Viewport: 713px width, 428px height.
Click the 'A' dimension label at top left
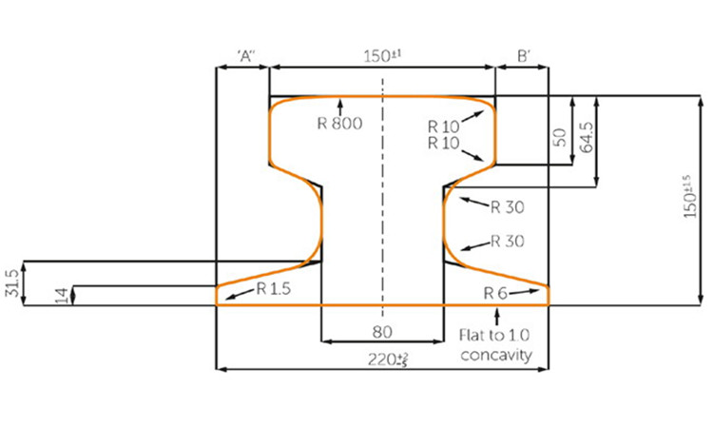point(246,55)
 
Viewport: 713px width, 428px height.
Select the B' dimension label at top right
point(524,56)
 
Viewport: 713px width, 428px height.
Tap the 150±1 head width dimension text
point(383,56)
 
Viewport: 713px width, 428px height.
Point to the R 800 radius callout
point(339,124)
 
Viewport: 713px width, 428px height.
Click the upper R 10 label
point(443,126)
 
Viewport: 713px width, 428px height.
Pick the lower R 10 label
point(443,144)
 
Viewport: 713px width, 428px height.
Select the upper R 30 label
point(508,207)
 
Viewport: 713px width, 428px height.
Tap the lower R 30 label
point(508,241)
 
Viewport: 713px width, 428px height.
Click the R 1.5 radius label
point(273,288)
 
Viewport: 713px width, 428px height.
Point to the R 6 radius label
point(495,293)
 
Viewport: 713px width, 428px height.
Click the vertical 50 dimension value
point(561,137)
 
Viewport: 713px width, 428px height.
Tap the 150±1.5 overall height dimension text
point(690,197)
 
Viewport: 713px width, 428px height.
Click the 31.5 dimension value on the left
point(11,282)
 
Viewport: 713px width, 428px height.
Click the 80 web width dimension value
point(382,332)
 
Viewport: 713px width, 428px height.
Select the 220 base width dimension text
point(388,360)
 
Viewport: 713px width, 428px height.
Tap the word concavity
point(496,355)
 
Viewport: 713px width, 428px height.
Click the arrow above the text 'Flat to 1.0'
point(497,316)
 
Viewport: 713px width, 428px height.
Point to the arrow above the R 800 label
point(339,106)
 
